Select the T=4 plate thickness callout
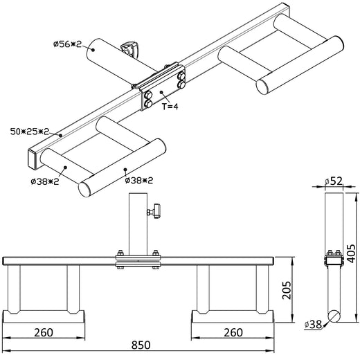click(170, 107)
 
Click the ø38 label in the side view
click(314, 323)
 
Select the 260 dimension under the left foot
click(43, 332)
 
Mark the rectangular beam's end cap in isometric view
click(33, 159)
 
